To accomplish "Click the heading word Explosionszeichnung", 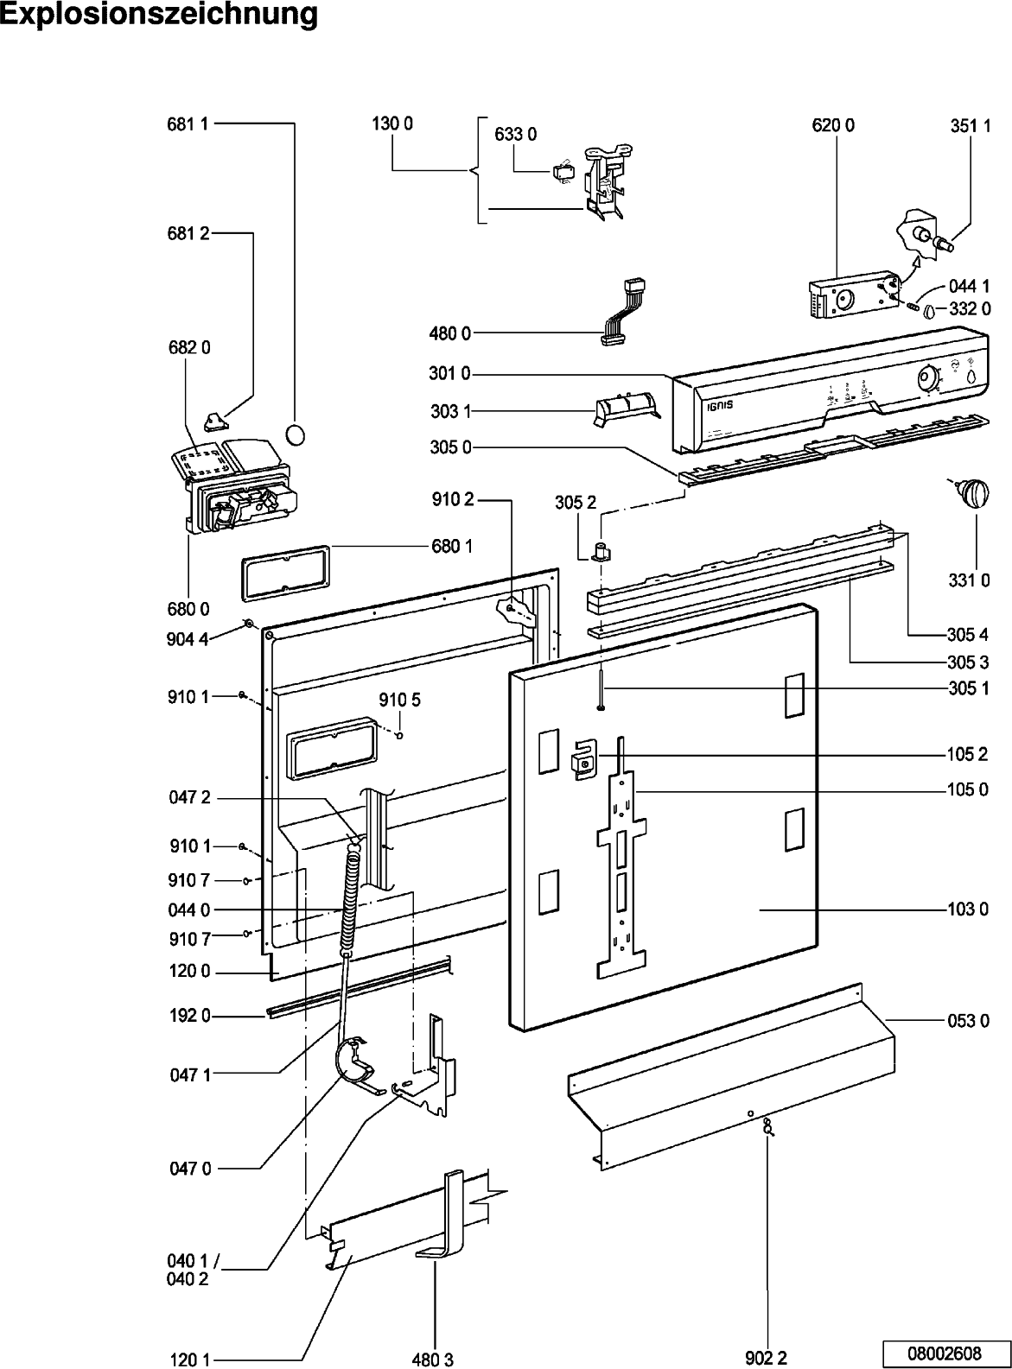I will pos(159,15).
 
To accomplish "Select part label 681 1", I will pos(188,124).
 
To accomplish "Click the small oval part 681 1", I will pos(296,434).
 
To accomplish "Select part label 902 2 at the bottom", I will pos(767,1359).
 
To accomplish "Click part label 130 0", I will pos(392,124).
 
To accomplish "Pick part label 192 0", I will pos(188,1017).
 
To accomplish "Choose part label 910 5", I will pos(399,700).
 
